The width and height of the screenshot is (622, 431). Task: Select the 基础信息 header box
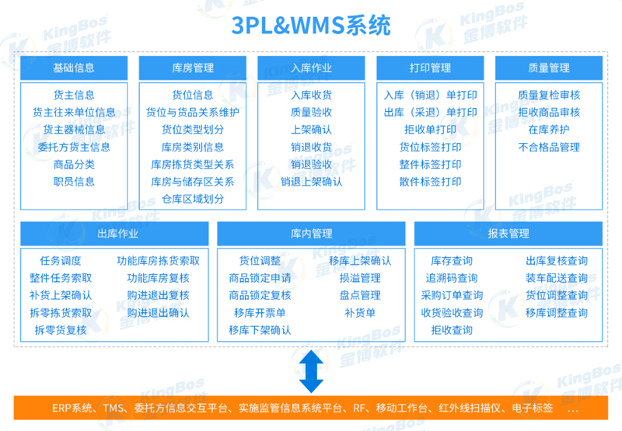pyautogui.click(x=74, y=68)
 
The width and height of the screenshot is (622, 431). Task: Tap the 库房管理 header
pyautogui.click(x=192, y=68)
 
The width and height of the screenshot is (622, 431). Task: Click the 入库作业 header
pyautogui.click(x=311, y=68)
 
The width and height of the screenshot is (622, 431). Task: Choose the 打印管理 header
pyautogui.click(x=430, y=68)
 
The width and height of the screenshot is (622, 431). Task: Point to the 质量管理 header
pyautogui.click(x=548, y=68)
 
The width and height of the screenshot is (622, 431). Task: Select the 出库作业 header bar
pyautogui.click(x=114, y=233)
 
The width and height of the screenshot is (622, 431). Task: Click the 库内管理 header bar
pyautogui.click(x=311, y=233)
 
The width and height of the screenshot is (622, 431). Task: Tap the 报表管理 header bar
pyautogui.click(x=508, y=233)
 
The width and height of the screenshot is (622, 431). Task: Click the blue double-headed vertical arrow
pyautogui.click(x=311, y=370)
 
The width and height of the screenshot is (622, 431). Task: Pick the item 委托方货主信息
pyautogui.click(x=74, y=147)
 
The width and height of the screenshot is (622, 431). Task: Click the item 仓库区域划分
pyautogui.click(x=192, y=199)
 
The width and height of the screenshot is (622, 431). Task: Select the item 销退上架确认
pyautogui.click(x=311, y=182)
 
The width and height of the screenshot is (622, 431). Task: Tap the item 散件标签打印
pyautogui.click(x=430, y=182)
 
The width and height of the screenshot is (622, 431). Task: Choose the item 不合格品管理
pyautogui.click(x=548, y=147)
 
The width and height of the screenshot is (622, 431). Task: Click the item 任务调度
pyautogui.click(x=60, y=261)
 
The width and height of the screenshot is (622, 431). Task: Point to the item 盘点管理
pyautogui.click(x=359, y=295)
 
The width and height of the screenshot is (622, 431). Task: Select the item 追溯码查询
pyautogui.click(x=452, y=278)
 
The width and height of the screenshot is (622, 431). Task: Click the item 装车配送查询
pyautogui.click(x=556, y=278)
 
